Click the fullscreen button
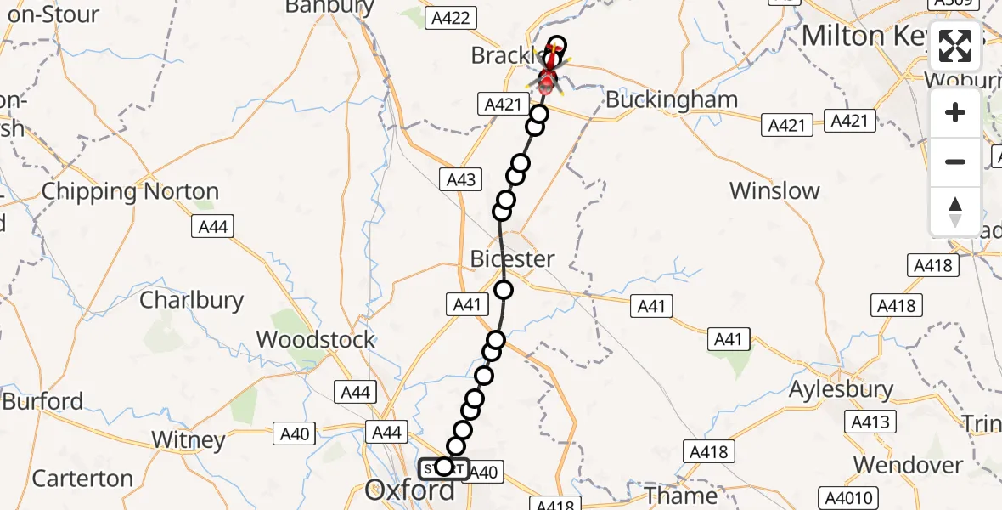pos(955,46)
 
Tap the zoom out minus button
pos(955,161)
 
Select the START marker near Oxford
pos(443,467)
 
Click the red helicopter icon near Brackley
pos(548,79)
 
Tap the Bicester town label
pos(513,259)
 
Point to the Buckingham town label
pos(671,100)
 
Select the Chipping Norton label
pos(130,191)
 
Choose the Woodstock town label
pos(315,340)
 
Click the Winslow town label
pos(774,191)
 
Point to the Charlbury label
pos(191,300)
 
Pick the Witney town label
pos(189,440)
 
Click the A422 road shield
pos(450,19)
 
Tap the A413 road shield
pos(871,422)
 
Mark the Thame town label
pos(681,495)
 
